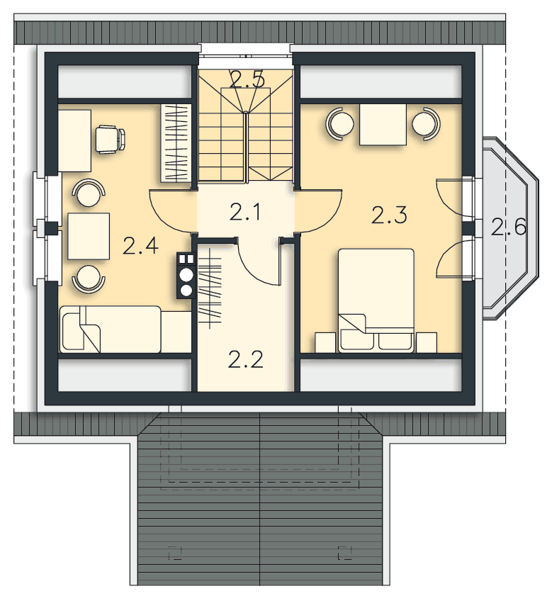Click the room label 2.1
[245, 212]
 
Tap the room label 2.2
[246, 359]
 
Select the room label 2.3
[389, 215]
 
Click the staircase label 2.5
[247, 79]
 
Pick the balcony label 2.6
[508, 227]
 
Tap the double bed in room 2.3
[376, 300]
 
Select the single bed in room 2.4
[125, 329]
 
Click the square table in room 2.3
[383, 125]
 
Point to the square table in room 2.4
[89, 236]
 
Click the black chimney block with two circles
[186, 276]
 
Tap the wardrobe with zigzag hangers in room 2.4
[176, 142]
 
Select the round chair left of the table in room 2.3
[340, 123]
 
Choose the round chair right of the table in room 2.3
[426, 122]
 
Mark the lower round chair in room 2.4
[88, 279]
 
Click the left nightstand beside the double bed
[326, 342]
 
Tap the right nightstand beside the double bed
[427, 342]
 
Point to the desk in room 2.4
[75, 140]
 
